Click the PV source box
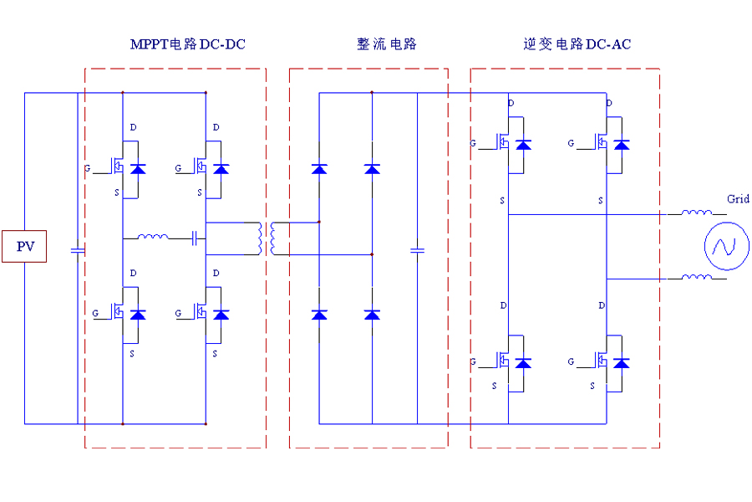(x=23, y=246)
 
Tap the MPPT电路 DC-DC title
(x=187, y=44)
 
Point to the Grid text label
(x=738, y=199)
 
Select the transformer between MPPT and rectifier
(x=267, y=238)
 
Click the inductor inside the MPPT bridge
(x=152, y=238)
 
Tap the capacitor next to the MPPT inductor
(x=194, y=238)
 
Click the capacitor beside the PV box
(x=77, y=249)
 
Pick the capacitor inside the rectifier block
(x=418, y=249)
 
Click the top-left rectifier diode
(x=319, y=169)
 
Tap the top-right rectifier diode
(x=373, y=169)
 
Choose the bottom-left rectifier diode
(x=319, y=315)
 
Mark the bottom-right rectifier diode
(x=373, y=315)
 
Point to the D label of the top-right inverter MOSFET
(x=609, y=103)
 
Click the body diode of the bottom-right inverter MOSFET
(x=622, y=362)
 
